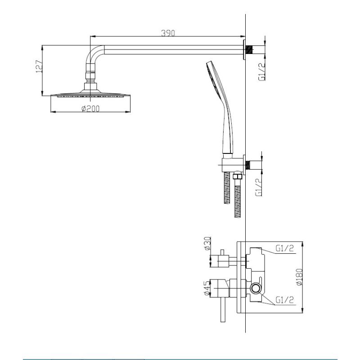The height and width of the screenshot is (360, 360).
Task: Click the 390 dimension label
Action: coord(168,33)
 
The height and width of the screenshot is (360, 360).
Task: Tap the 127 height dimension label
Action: coord(39,67)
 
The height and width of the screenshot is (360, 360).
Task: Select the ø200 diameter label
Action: coord(90,108)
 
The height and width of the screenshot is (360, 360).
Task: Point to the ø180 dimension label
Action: coord(300,277)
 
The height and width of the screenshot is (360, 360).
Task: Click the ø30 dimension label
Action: coord(207,243)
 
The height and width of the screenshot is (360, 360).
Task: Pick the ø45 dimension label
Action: coord(207,288)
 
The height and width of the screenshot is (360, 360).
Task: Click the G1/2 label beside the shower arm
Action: coord(262,72)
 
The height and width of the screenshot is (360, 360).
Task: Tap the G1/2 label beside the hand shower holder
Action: coord(258,188)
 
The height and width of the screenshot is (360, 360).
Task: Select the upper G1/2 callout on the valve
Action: coord(285,248)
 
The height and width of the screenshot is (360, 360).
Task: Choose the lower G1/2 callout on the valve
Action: coord(285,300)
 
